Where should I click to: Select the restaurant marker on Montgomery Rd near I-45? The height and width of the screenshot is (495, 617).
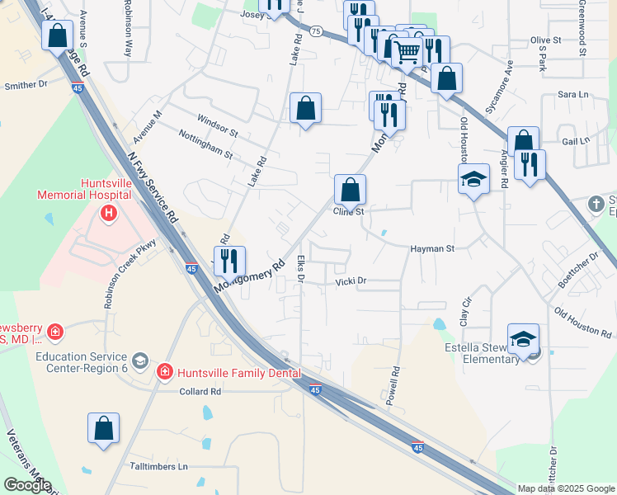click(x=229, y=261)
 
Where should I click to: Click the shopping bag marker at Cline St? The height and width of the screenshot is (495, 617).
click(x=350, y=189)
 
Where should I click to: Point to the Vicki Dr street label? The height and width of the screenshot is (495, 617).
click(x=351, y=281)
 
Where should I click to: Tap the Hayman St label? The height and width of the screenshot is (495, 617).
click(x=432, y=247)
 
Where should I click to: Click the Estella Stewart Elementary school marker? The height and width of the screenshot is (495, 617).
click(x=523, y=339)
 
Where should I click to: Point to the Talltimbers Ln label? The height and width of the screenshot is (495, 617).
click(x=159, y=466)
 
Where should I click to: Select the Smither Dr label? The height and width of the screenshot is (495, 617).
click(x=26, y=85)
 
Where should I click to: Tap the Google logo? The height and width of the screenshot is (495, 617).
click(x=26, y=484)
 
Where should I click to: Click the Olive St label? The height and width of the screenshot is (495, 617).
click(x=545, y=40)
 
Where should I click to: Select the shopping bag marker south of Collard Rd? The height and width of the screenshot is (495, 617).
click(x=103, y=428)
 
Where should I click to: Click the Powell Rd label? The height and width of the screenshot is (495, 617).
click(x=392, y=385)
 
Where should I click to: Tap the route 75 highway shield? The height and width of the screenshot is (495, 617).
click(x=316, y=31)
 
